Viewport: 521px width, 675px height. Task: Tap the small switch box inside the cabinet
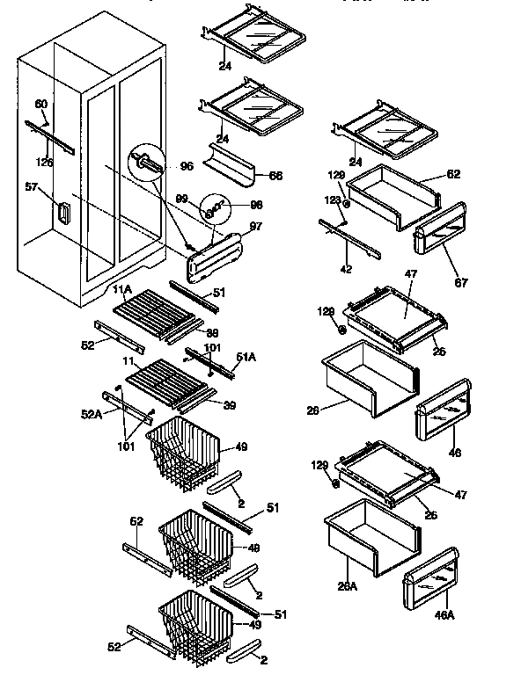click(x=62, y=212)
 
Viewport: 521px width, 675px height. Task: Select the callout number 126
click(x=44, y=162)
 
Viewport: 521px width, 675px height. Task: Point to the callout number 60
click(x=40, y=104)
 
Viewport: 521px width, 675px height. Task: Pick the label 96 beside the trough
click(x=186, y=164)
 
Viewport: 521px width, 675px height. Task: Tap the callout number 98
click(x=257, y=205)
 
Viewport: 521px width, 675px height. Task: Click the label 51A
click(x=246, y=357)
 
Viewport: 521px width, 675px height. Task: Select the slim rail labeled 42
click(x=351, y=239)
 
